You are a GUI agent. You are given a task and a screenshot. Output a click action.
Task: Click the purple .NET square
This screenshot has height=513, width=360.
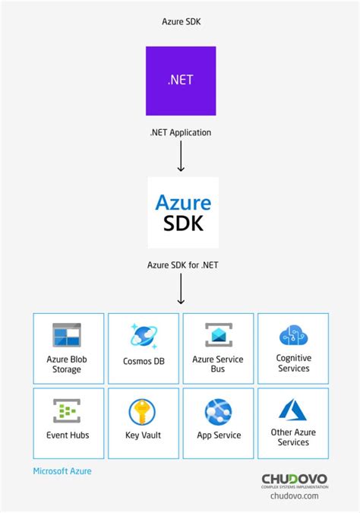181,81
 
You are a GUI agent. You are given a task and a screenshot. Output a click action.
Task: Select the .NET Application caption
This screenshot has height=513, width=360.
181,132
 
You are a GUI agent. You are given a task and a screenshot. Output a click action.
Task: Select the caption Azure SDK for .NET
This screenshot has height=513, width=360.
181,265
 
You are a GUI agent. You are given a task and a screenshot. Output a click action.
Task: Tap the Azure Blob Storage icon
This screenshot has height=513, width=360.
67,335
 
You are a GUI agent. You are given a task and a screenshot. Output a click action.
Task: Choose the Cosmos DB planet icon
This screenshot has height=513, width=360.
144,335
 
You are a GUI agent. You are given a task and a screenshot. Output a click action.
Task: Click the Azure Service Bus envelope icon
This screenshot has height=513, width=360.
218,335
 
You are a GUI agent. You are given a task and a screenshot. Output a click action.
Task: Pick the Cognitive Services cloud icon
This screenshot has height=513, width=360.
293,335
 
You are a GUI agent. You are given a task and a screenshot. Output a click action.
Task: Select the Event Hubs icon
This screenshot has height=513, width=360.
67,411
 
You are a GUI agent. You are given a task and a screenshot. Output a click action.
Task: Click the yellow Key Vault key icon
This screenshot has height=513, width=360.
143,411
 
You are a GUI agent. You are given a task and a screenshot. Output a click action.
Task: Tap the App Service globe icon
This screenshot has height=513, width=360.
218,411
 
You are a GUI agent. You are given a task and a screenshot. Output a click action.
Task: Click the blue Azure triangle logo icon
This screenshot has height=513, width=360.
293,410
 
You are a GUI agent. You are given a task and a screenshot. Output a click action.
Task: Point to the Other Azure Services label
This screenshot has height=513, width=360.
293,437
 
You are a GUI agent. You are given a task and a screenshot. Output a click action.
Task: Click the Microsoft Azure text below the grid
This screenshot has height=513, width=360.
62,471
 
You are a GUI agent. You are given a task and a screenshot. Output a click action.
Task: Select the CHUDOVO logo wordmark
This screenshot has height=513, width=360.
295,479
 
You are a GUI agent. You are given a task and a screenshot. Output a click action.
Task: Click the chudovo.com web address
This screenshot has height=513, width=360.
295,496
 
